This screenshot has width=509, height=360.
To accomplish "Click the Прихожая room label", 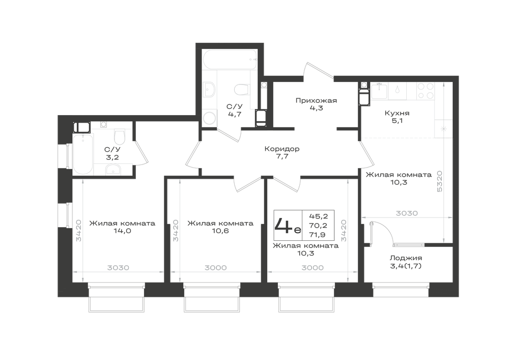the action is pos(316,101).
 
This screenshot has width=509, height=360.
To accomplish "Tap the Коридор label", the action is pos(282,149).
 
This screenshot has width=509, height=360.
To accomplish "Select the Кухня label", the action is pos(397,113).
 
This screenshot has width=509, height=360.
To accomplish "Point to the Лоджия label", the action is pos(406,258).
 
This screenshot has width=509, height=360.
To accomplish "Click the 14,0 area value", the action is pos(122,231).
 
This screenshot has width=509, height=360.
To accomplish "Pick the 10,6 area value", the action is pos(220,231).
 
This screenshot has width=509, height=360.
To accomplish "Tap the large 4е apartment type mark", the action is pos(288,225).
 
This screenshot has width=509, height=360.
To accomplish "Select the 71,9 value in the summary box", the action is pos(318,235).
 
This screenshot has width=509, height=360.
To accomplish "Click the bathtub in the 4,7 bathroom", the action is pos(231,60).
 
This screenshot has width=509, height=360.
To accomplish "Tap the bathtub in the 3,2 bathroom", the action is pos(83,154).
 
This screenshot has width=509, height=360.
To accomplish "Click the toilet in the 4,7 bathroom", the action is pos(241,89).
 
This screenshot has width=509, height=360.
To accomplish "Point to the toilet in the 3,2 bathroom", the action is pos(120,136).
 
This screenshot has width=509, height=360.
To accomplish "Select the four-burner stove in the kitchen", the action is pos(426,91).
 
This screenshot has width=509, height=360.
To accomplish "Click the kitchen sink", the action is pos(380,91).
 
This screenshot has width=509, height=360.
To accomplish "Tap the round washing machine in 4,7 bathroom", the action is pos(210,118).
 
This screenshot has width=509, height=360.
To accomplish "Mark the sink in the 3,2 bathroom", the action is pos(113,169).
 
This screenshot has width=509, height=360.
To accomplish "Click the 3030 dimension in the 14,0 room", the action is pos(118,268).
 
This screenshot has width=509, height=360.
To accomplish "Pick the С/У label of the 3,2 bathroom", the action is pos(112,150).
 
